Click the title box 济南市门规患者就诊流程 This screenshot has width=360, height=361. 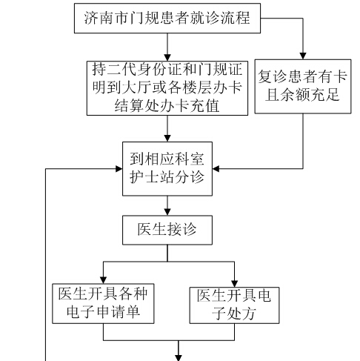[x=167, y=19]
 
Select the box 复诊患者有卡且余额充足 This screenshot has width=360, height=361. [x=303, y=87]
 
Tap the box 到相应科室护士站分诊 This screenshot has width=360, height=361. [x=167, y=169]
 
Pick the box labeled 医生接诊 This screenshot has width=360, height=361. [x=167, y=230]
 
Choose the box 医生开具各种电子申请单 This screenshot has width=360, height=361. [x=103, y=304]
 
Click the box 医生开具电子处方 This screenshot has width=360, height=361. [x=234, y=305]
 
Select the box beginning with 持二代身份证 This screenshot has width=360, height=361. [x=167, y=88]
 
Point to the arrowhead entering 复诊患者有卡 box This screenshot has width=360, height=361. [x=303, y=56]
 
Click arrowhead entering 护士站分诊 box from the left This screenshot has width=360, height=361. [x=119, y=169]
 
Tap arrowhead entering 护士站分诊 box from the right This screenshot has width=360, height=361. [x=216, y=169]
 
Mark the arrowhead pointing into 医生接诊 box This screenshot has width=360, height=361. [x=167, y=212]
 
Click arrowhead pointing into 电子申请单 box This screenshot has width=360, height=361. [x=103, y=280]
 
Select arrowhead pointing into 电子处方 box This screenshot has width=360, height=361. [x=234, y=284]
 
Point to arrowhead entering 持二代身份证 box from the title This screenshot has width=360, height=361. [x=167, y=58]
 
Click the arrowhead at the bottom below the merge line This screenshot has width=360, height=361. [x=179, y=358]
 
